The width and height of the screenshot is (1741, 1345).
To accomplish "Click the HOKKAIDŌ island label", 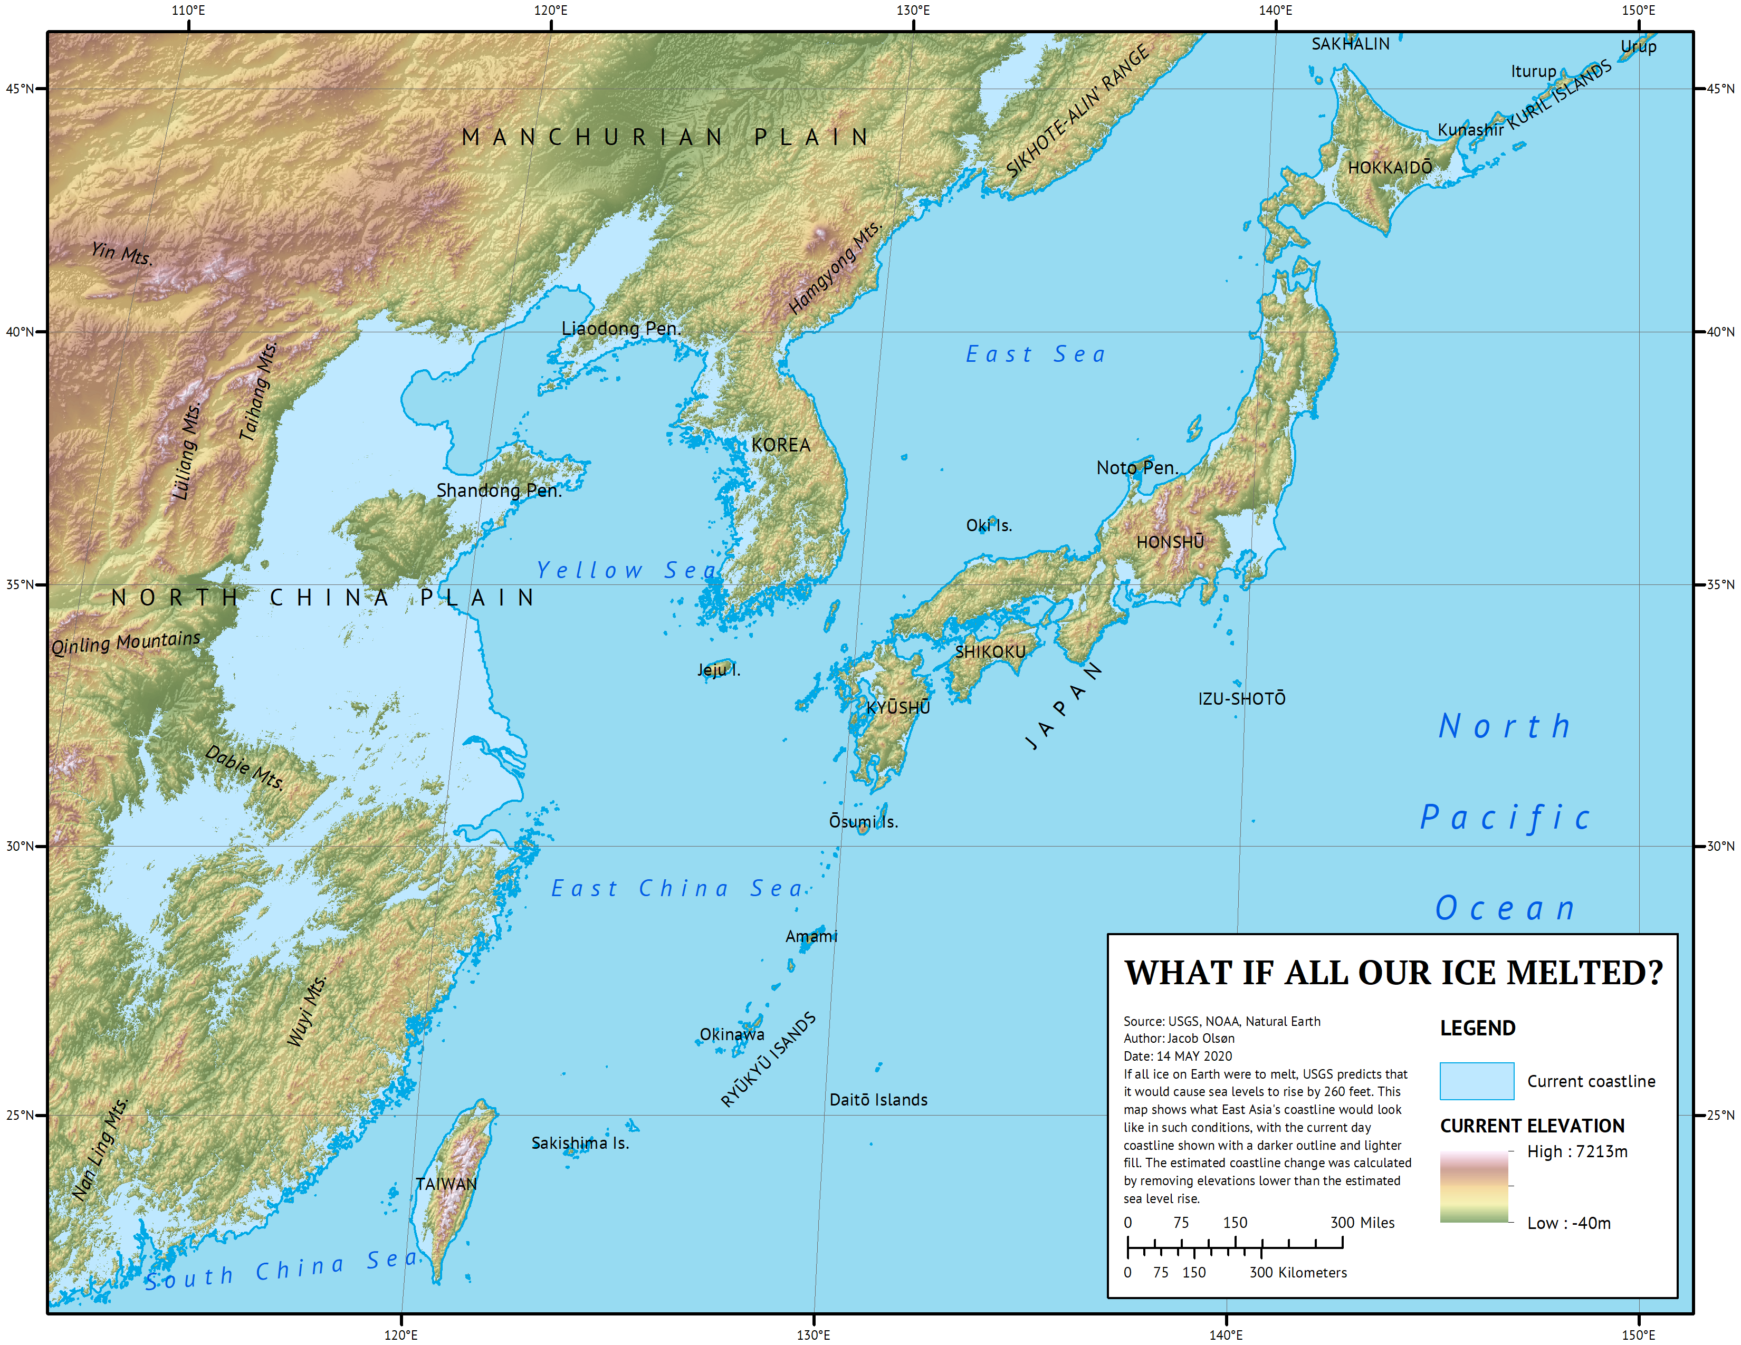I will point(1390,167).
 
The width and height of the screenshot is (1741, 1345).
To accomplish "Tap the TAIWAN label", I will point(446,1184).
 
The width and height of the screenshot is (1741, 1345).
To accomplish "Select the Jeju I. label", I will point(718,669).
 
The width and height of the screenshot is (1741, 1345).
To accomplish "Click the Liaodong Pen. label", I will point(621,328).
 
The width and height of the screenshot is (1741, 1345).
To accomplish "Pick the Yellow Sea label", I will point(627,571).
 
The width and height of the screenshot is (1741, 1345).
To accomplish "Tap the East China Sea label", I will point(677,888).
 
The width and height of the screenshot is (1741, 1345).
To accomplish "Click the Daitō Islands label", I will point(878,1100).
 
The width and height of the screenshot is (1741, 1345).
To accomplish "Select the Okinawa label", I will point(732,1034).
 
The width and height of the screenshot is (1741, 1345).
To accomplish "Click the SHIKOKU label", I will point(990,652).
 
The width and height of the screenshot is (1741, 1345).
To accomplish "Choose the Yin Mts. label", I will point(121,253).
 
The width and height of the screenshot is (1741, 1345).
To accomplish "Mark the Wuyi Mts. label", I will point(307,1011).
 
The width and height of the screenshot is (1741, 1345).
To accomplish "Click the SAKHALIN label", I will point(1351,44).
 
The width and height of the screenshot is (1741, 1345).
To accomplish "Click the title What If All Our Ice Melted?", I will point(1393,973).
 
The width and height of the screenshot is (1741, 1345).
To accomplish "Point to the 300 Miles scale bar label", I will point(1362,1222).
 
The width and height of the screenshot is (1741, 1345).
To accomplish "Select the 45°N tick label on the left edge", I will point(20,89).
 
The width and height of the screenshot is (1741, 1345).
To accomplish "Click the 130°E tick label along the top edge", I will point(913,11).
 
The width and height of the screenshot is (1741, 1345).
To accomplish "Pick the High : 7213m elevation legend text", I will point(1577,1151).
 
